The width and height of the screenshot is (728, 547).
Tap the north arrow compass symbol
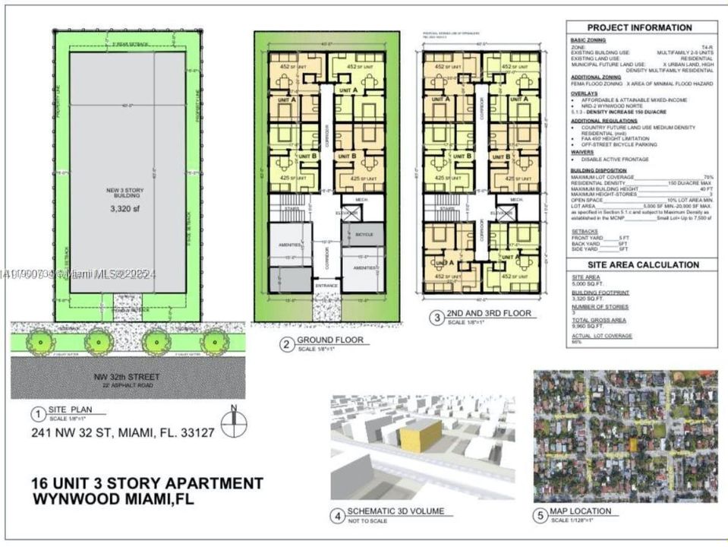(233, 419)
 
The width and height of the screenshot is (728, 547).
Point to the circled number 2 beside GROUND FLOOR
(286, 344)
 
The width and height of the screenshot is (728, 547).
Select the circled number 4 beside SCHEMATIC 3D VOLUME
(336, 516)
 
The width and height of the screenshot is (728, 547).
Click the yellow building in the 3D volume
(420, 435)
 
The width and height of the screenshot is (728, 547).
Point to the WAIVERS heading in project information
(583, 152)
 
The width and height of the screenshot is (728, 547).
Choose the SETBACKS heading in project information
(585, 231)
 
